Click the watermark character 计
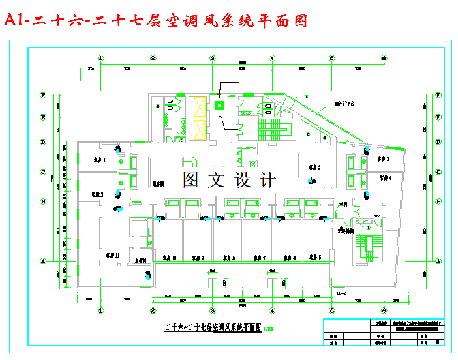(x=266, y=179)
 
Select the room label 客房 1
(x=99, y=160)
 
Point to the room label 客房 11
(x=113, y=258)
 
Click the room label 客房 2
(x=314, y=167)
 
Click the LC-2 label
(x=341, y=293)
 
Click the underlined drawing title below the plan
(x=213, y=328)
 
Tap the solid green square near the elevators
(x=219, y=105)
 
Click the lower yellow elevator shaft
(x=197, y=130)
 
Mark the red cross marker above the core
(x=220, y=94)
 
